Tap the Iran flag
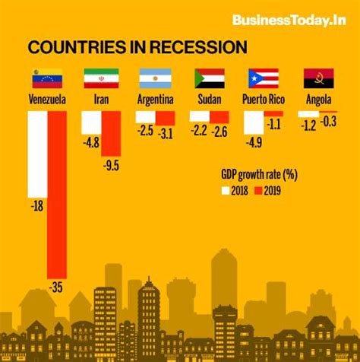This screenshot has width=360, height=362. pos(100,78)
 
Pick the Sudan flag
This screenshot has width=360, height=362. pos(209,78)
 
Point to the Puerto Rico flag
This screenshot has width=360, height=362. pos(264,78)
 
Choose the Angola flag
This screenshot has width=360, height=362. pos(318,78)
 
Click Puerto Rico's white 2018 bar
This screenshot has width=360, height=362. pos(254,123)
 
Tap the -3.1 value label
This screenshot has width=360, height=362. pos(166,135)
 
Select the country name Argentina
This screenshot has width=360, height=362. pos(155,100)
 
